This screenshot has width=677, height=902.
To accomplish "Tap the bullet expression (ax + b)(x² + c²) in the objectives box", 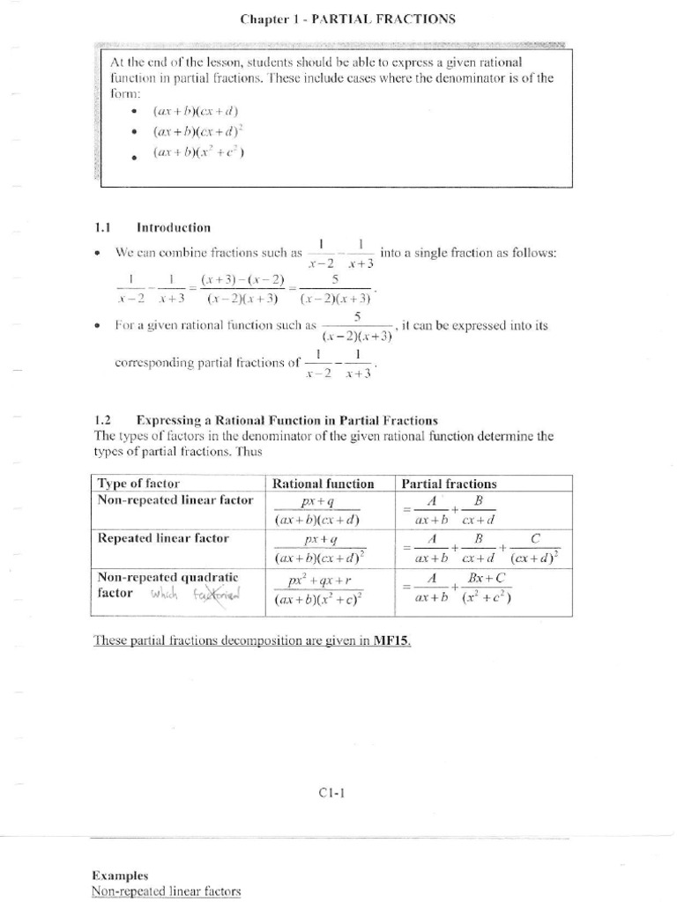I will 198,152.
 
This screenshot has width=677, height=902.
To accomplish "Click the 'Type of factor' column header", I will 138,484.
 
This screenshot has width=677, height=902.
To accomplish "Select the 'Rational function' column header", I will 324,484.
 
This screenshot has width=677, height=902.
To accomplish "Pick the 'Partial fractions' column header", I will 449,484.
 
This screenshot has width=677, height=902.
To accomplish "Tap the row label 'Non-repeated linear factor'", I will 175,500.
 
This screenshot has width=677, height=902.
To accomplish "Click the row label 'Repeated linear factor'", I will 162,537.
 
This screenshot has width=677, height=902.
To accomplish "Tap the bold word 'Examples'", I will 120,876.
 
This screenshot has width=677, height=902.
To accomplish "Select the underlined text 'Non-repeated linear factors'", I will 166,891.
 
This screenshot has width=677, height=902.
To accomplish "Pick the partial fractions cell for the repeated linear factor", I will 482,548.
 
